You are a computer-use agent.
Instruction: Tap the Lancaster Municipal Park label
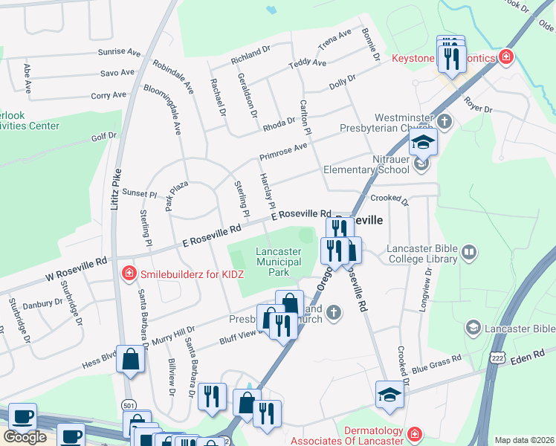coord(278,262)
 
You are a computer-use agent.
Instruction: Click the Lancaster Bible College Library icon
coord(468,253)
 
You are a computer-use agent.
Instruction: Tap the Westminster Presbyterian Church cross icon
coord(445,120)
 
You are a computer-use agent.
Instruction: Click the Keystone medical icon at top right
coord(506,56)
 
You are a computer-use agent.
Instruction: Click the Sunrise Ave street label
coord(120,53)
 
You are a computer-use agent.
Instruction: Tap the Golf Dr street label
coord(104,137)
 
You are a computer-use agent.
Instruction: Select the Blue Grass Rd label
coord(436,363)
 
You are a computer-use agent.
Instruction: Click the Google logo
coord(25,437)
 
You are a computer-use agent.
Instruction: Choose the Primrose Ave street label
coord(282,152)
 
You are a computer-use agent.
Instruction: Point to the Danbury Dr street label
coord(43,304)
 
